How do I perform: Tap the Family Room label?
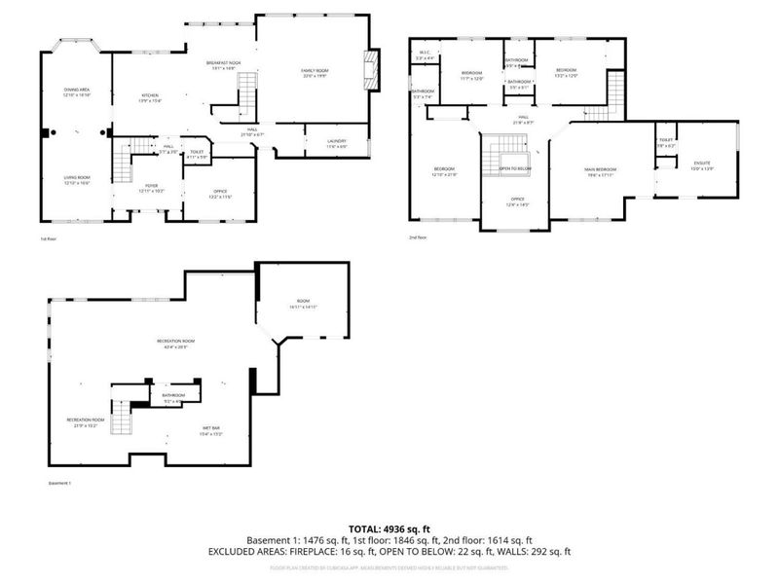pyautogui.click(x=314, y=73)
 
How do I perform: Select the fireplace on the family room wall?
pyautogui.click(x=371, y=69)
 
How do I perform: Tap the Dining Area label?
pyautogui.click(x=77, y=92)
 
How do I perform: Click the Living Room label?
pyautogui.click(x=77, y=180)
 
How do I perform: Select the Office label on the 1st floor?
pyautogui.click(x=219, y=194)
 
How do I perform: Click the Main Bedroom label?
pyautogui.click(x=600, y=172)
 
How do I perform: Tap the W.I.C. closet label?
pyautogui.click(x=425, y=55)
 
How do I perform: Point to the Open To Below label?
pyautogui.click(x=515, y=168)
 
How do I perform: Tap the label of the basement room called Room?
pyautogui.click(x=303, y=305)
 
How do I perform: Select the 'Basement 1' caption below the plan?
pyautogui.click(x=60, y=483)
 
